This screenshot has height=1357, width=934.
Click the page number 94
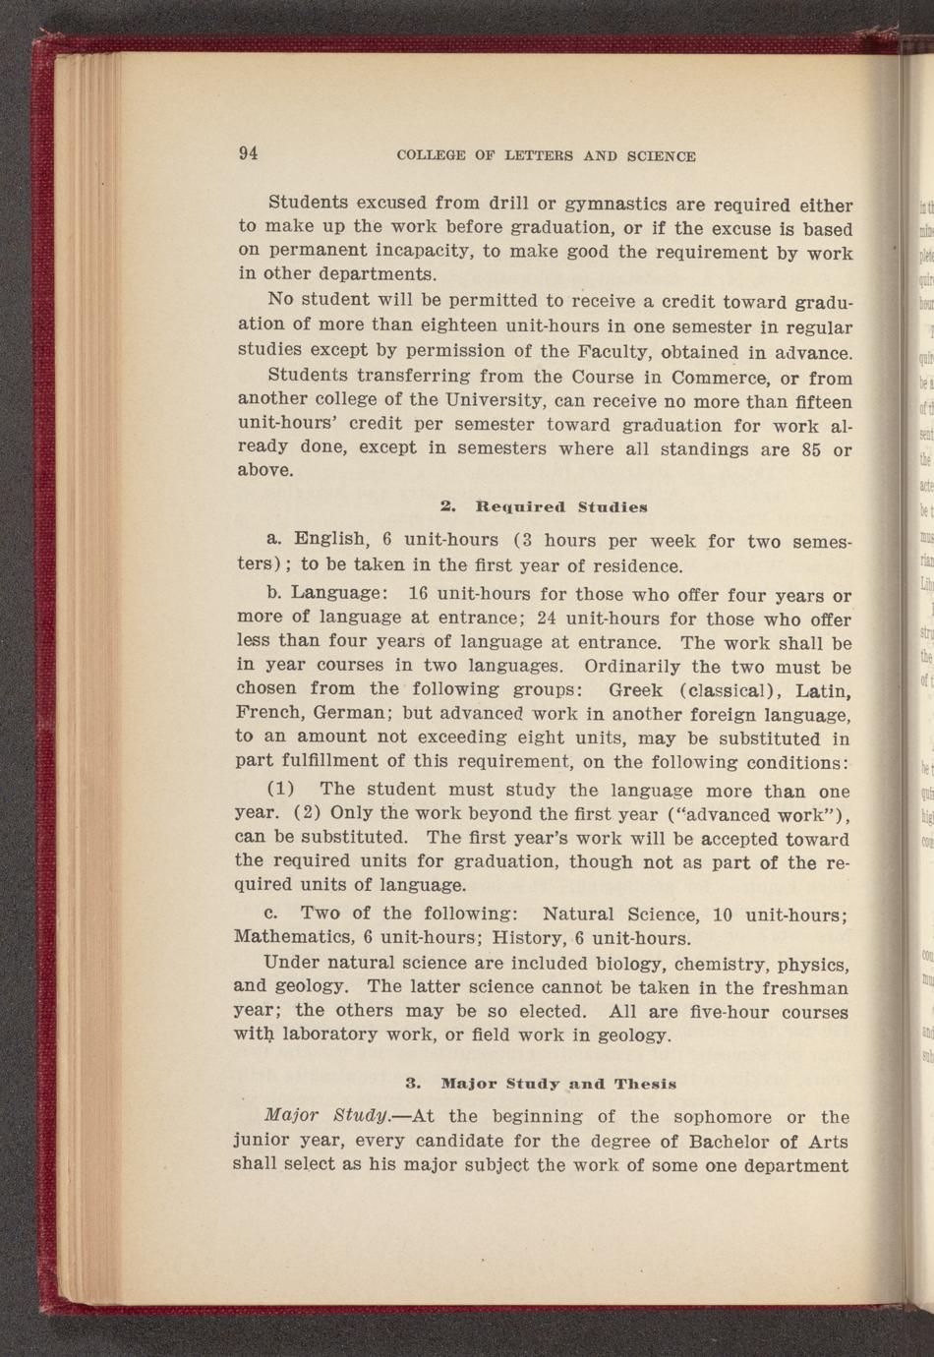pos(247,153)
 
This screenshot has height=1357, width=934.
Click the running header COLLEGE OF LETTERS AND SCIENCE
pos(546,155)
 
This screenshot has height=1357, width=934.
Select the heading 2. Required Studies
pos(544,507)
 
